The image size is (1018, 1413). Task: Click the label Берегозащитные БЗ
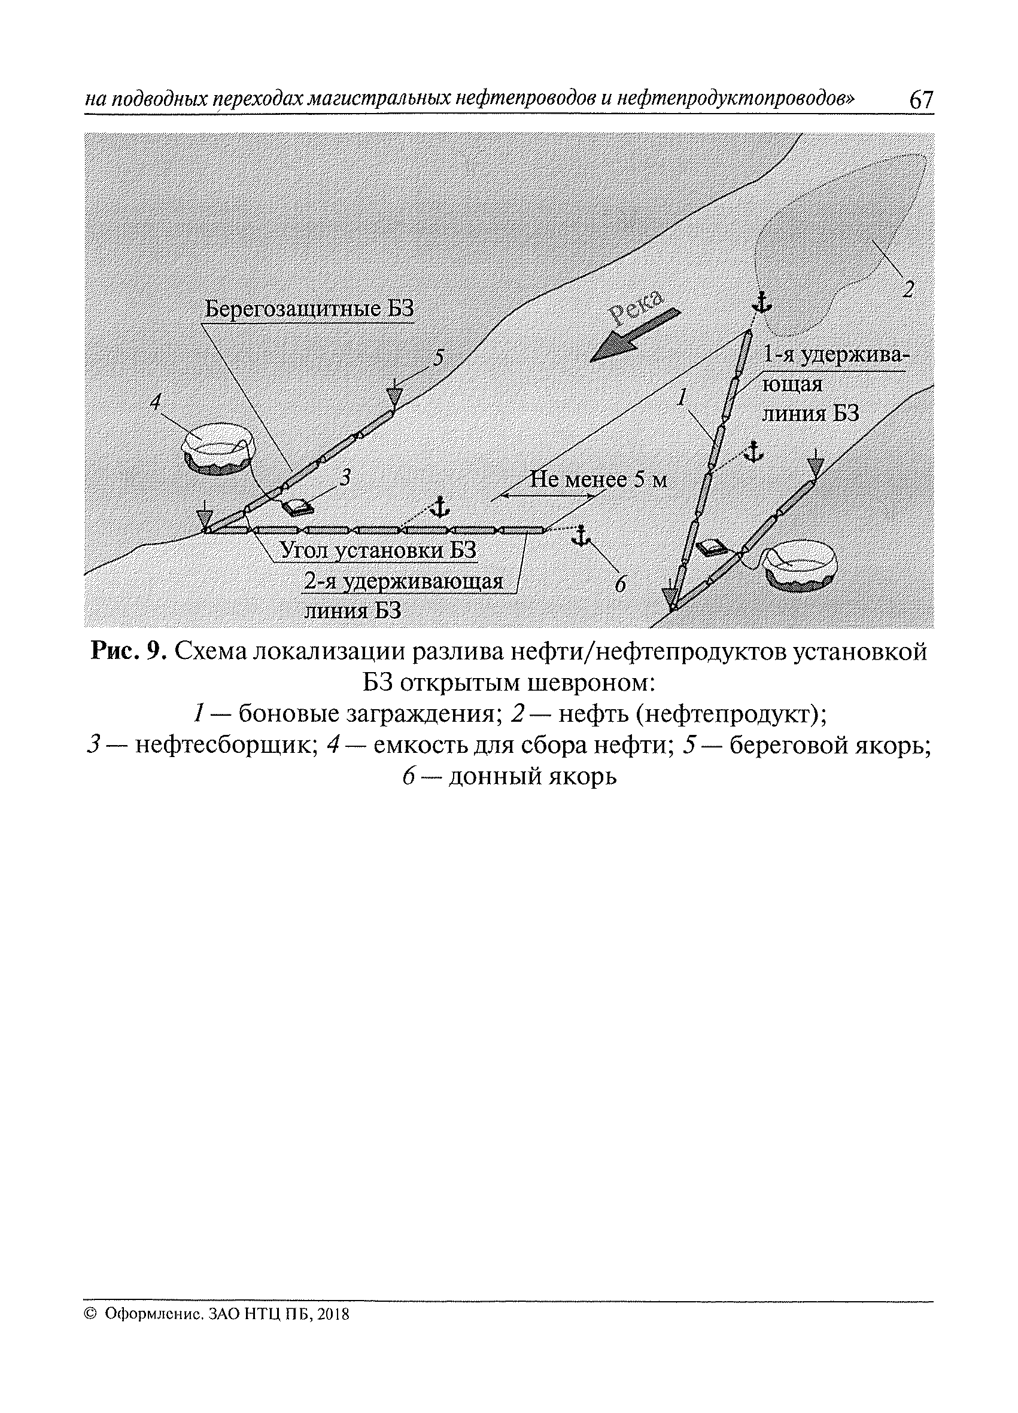pos(309,309)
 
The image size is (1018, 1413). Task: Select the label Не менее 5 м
pos(598,480)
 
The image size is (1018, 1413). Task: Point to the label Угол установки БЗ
pos(378,550)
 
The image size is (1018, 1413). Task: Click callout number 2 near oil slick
pos(908,288)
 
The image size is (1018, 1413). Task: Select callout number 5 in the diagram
pos(439,358)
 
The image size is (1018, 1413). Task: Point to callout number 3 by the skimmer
pos(345,477)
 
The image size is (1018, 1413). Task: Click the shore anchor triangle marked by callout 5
pos(394,396)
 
